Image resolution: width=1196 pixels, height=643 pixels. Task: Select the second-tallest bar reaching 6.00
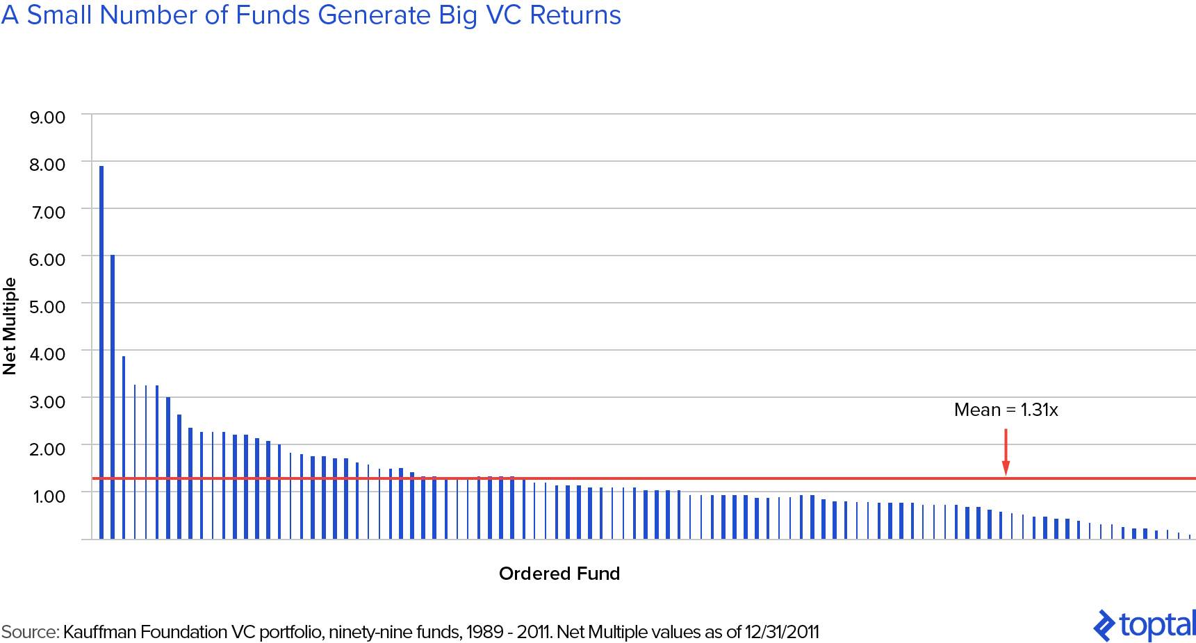pyautogui.click(x=113, y=396)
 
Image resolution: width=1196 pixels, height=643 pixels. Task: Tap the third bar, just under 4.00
pyautogui.click(x=124, y=448)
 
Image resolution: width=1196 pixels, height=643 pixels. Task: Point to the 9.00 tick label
pyautogui.click(x=47, y=117)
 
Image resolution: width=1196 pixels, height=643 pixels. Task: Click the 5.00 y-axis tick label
pyautogui.click(x=47, y=307)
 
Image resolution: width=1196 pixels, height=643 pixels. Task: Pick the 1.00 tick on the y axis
pyautogui.click(x=49, y=496)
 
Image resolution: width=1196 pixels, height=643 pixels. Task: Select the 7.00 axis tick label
pyautogui.click(x=48, y=212)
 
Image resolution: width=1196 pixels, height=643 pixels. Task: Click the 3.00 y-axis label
pyautogui.click(x=47, y=402)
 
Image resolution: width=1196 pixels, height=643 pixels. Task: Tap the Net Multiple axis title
pyautogui.click(x=10, y=326)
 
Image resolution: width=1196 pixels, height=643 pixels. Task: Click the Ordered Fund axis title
pyautogui.click(x=559, y=574)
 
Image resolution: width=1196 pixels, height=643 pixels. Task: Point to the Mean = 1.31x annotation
pyautogui.click(x=1006, y=410)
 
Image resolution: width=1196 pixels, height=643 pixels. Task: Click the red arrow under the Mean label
pyautogui.click(x=1006, y=453)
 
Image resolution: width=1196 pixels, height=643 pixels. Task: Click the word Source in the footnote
pyautogui.click(x=29, y=633)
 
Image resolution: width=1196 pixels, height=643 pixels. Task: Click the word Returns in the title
pyautogui.click(x=575, y=15)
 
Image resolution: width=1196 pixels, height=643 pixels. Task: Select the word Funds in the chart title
pyautogui.click(x=272, y=15)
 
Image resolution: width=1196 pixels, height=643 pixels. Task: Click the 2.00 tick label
pyautogui.click(x=47, y=449)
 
